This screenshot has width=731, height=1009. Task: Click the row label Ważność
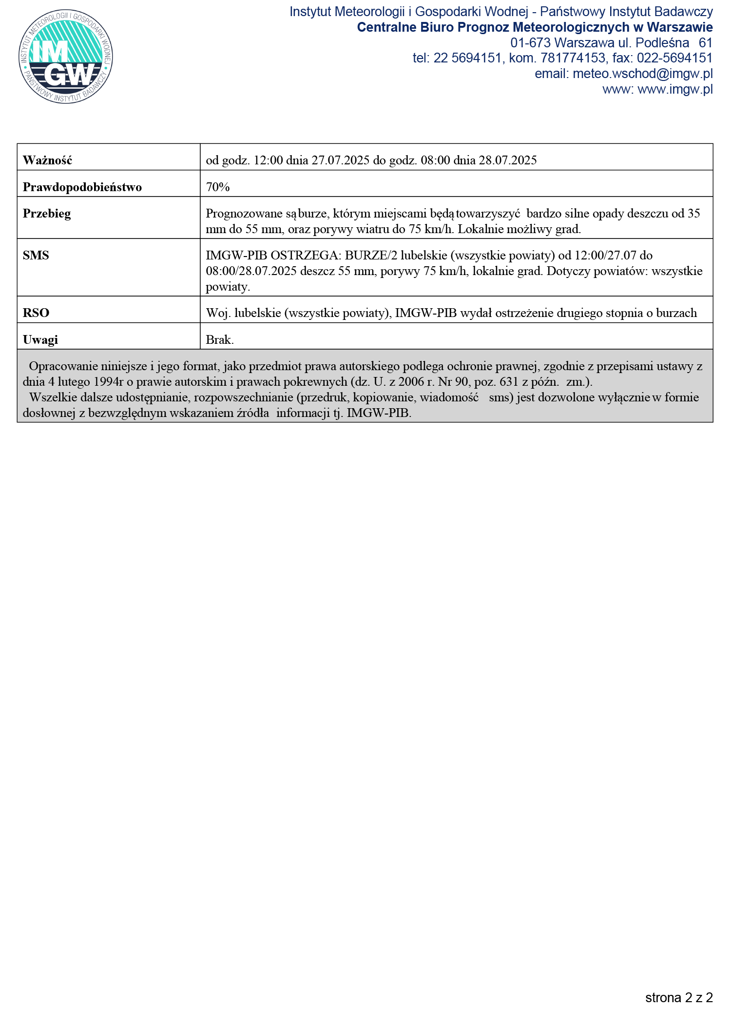click(47, 160)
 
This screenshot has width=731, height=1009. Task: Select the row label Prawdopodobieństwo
click(82, 187)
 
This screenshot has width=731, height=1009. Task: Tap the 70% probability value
click(217, 187)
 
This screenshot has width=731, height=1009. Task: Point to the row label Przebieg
click(46, 214)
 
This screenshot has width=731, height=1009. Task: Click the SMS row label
click(36, 256)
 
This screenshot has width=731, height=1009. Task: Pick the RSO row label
click(36, 313)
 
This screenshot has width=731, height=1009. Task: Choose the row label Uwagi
click(40, 340)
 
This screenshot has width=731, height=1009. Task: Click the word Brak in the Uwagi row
click(219, 340)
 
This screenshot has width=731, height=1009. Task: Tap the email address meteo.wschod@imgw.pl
click(642, 74)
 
